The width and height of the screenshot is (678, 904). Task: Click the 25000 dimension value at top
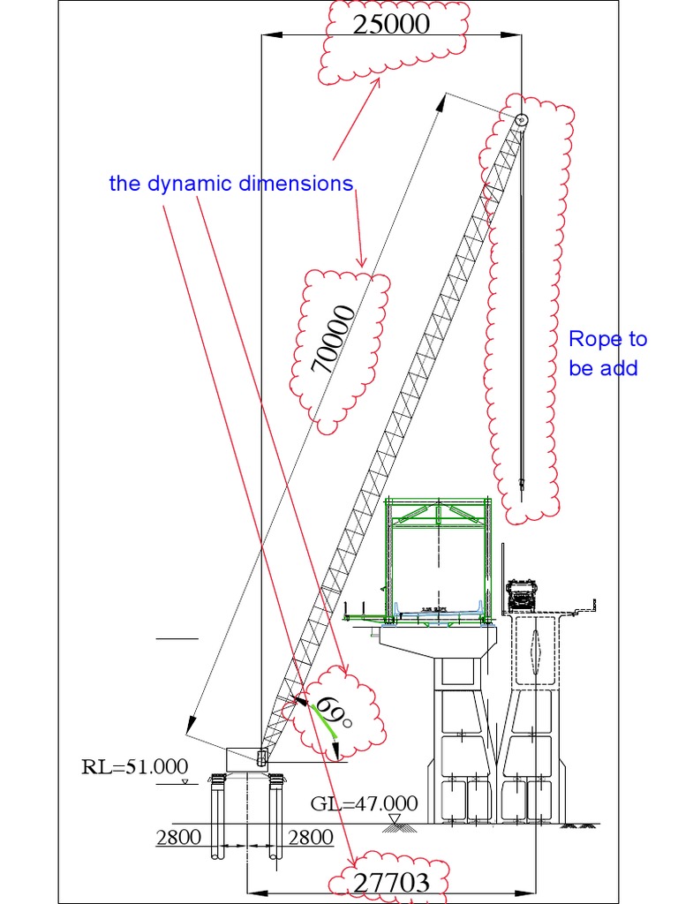click(x=391, y=25)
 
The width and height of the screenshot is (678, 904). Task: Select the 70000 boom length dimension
click(x=335, y=340)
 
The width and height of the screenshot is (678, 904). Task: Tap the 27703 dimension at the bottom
click(x=391, y=881)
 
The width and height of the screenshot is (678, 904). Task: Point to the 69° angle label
click(x=333, y=713)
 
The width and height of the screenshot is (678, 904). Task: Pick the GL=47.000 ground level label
click(x=364, y=803)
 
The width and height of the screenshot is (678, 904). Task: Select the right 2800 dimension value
click(x=311, y=837)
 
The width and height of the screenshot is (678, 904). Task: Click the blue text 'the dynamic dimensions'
click(x=230, y=184)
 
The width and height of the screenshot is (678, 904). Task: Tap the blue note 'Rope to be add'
click(x=606, y=353)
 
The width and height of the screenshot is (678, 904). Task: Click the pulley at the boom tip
click(x=521, y=120)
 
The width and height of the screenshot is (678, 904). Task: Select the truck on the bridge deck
click(x=521, y=595)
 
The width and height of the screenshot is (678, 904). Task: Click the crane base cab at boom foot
click(x=249, y=757)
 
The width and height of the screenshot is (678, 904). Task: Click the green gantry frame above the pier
click(x=437, y=556)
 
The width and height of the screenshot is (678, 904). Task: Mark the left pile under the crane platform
click(x=218, y=817)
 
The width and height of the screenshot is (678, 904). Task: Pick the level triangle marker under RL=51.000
click(x=184, y=782)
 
